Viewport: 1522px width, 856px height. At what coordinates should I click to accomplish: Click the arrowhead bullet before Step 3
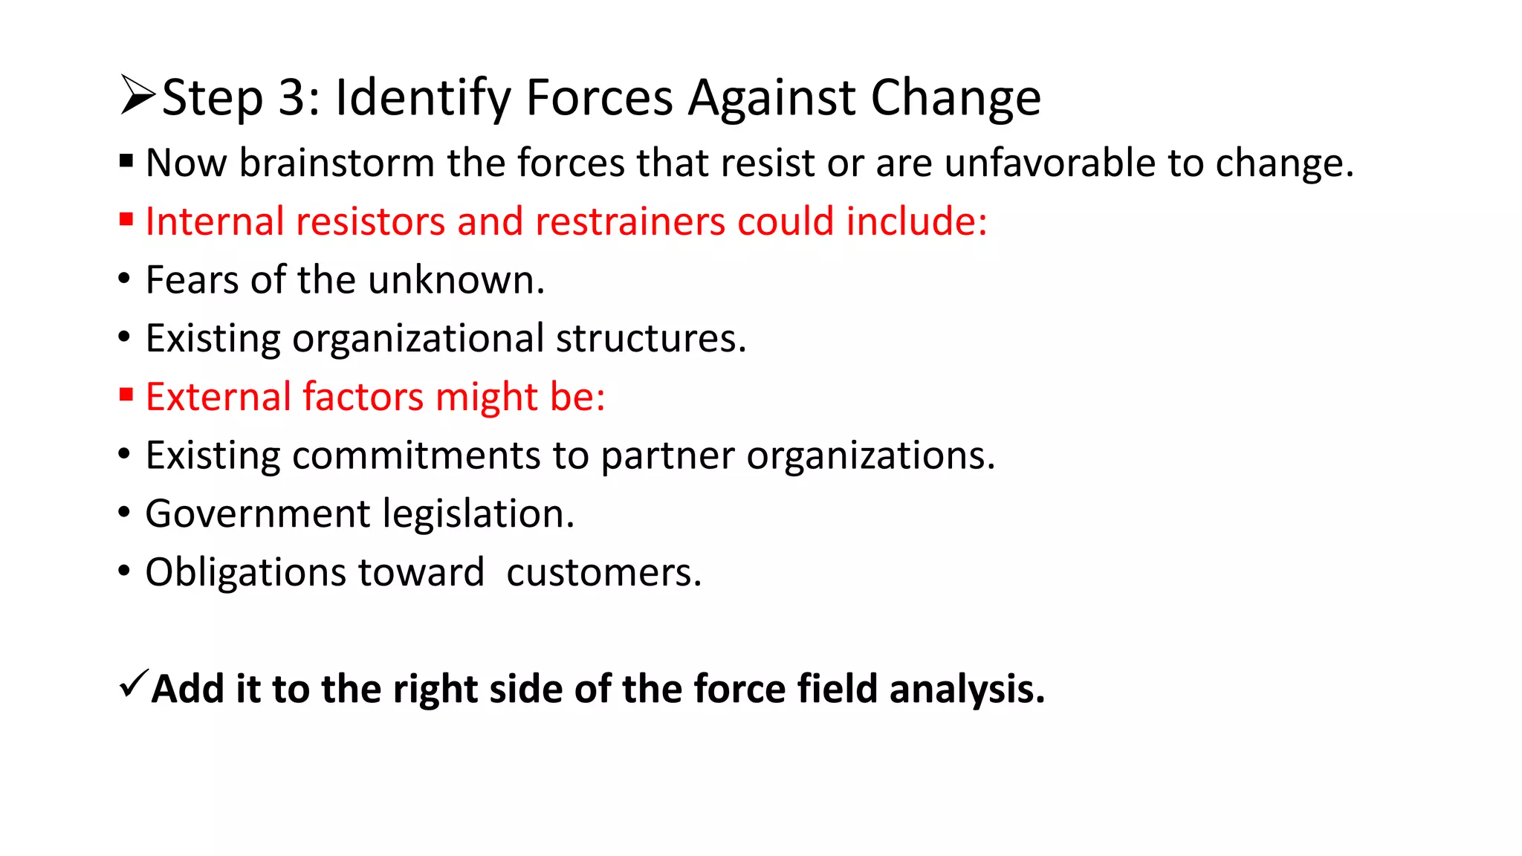click(137, 96)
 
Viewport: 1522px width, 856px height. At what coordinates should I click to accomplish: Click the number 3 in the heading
click(292, 97)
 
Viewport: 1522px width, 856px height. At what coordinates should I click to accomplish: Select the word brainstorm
click(336, 163)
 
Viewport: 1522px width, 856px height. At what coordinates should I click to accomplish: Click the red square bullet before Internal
click(126, 219)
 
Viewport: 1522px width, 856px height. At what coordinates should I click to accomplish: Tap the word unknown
click(456, 280)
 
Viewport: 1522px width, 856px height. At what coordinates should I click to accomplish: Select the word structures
click(650, 338)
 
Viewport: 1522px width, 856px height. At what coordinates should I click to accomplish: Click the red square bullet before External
click(126, 395)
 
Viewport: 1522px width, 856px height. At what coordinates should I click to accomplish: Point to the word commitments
click(416, 455)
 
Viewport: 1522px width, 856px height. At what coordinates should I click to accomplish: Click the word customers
click(603, 573)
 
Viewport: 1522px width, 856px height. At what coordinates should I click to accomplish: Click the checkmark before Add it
click(133, 683)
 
